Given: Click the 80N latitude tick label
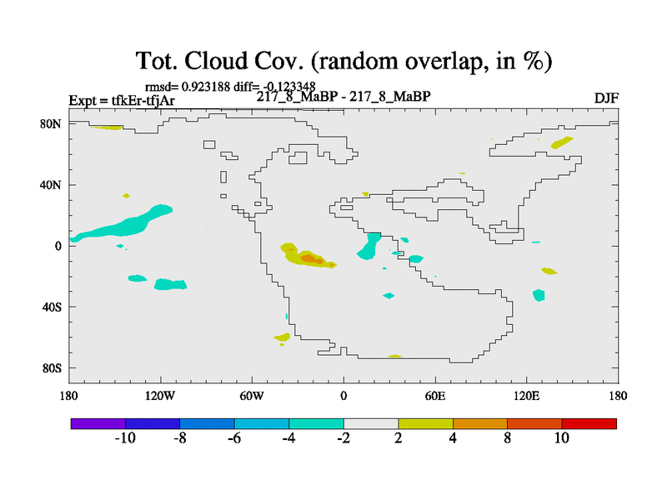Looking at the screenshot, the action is click(51, 123).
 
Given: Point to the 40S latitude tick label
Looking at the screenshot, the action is click(52, 307).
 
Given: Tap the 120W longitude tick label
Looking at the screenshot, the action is click(160, 397).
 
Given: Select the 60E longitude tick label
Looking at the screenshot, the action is click(435, 397).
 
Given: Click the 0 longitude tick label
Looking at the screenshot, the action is click(344, 397).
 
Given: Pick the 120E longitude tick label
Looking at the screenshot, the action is click(527, 397).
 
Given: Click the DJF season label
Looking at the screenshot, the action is click(606, 98).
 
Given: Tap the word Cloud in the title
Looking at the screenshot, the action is click(216, 61).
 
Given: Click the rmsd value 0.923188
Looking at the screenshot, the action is click(206, 87).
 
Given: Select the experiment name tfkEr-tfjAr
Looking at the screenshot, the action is click(143, 101).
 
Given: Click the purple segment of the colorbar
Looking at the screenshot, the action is click(98, 423).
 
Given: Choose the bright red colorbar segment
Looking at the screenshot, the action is click(589, 423).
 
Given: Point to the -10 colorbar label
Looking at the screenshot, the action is click(125, 438).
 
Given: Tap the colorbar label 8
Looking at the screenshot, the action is click(507, 438).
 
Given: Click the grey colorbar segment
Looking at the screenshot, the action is click(371, 423).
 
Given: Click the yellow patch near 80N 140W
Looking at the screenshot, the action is click(107, 127).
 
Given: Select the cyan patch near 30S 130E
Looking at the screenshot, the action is click(539, 295).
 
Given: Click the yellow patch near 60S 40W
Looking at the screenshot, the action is click(282, 337).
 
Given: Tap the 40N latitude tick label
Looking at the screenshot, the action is click(51, 185).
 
